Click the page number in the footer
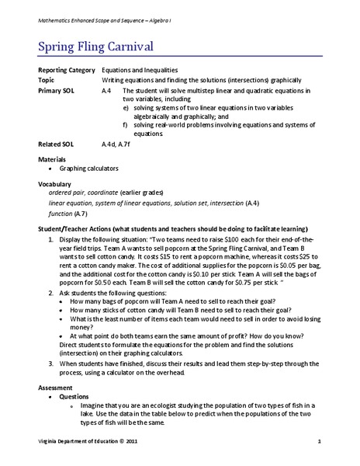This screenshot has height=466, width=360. (x=319, y=442)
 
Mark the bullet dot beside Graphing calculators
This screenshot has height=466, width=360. (x=52, y=168)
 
